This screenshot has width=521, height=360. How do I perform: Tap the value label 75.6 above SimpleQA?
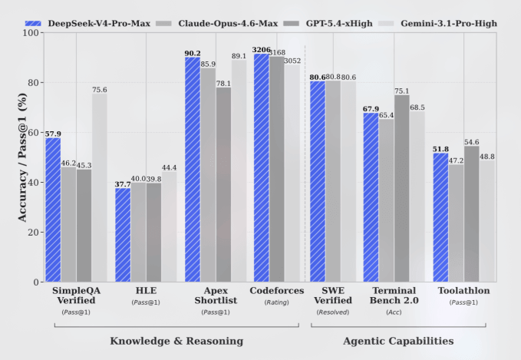pyautogui.click(x=100, y=90)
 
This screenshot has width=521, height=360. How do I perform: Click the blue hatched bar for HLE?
pyautogui.click(x=123, y=235)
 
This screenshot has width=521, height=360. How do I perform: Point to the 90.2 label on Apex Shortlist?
pyautogui.click(x=192, y=53)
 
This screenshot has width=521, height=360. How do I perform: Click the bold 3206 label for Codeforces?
pyautogui.click(x=261, y=48)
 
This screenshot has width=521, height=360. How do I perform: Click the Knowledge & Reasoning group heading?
pyautogui.click(x=176, y=340)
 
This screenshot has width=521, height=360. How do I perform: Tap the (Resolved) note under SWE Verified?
pyautogui.click(x=332, y=312)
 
